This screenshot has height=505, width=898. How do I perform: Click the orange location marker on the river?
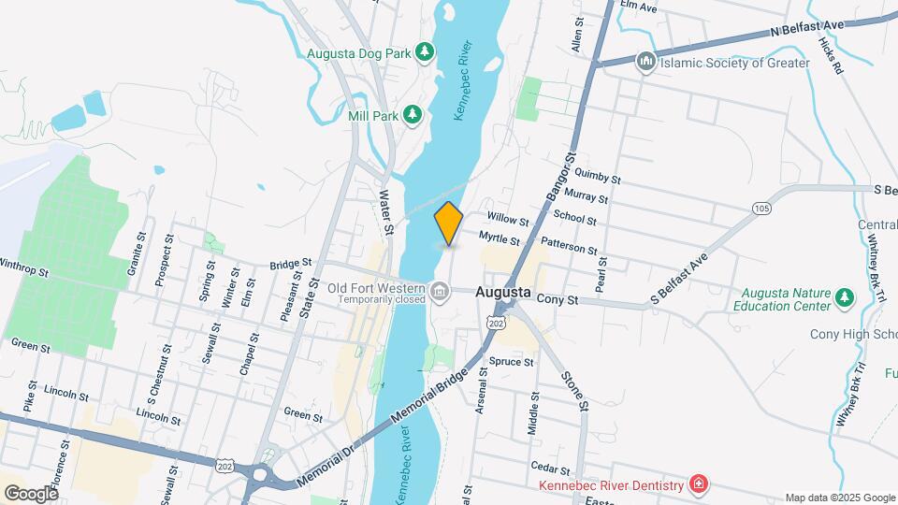[449, 224]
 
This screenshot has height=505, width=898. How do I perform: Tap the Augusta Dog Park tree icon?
[426, 50]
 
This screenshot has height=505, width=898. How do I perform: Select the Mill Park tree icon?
[413, 115]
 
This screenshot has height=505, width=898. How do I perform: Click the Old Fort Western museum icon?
[441, 295]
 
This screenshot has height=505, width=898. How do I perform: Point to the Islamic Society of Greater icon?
[645, 63]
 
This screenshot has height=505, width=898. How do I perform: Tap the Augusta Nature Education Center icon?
[846, 297]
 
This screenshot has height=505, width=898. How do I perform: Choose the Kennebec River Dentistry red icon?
[697, 483]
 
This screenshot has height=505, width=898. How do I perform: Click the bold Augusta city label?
[503, 292]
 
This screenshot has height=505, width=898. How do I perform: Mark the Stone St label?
[572, 391]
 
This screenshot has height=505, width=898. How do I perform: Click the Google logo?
[30, 493]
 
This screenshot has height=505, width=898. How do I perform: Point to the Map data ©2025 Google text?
[839, 498]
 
